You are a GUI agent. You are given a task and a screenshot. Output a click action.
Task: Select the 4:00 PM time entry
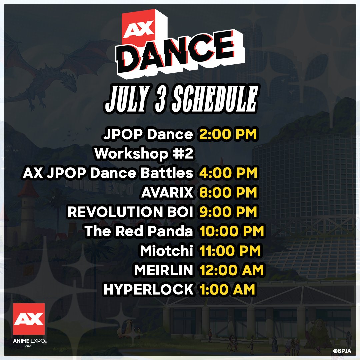228,173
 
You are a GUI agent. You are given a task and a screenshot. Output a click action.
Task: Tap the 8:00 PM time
228,193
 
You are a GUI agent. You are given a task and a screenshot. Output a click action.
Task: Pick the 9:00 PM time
228,212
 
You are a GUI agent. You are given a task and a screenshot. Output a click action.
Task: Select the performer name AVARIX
167,193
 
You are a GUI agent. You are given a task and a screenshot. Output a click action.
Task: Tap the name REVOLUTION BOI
130,212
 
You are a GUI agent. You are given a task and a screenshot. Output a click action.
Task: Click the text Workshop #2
144,154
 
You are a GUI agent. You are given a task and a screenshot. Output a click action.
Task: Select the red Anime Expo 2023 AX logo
29,319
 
